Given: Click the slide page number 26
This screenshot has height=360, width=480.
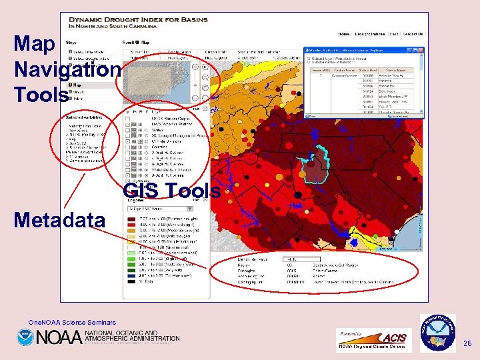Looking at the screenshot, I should (x=467, y=343).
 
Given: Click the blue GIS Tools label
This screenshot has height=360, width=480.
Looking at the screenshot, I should (x=171, y=191).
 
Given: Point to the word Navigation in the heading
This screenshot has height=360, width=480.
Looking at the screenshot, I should (x=67, y=69).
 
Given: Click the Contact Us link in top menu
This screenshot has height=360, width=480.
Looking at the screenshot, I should (x=412, y=34).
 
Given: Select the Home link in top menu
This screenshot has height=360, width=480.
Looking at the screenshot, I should (x=343, y=34).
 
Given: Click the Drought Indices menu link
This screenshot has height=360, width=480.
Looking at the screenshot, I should (x=370, y=34).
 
